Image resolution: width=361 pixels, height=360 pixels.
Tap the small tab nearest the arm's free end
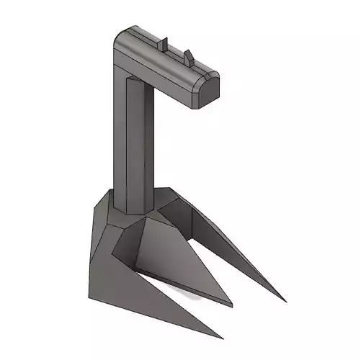click(x=188, y=55)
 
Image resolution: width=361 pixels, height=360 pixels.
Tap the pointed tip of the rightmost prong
click(x=283, y=300)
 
